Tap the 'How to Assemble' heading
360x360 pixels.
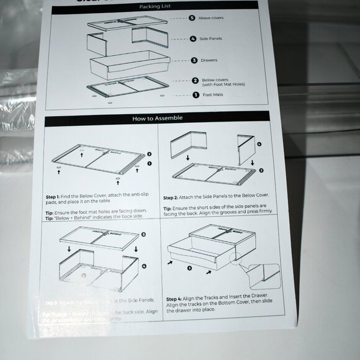pos(157,118)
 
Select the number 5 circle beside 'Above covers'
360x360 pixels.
pos(192,18)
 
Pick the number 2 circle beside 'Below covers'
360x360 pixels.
pos(194,80)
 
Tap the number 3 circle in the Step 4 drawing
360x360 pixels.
pos(190,268)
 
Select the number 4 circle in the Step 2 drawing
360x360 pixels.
pos(259,145)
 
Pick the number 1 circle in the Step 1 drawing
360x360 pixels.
pos(149,163)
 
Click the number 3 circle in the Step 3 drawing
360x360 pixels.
pos(143,234)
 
